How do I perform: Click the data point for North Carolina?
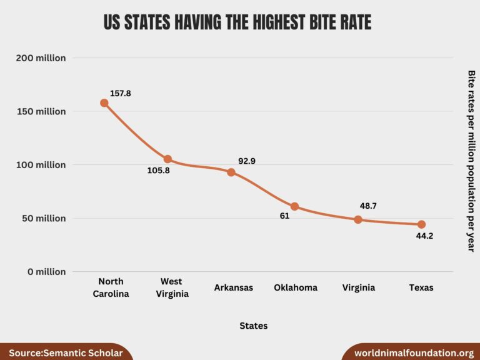click(x=104, y=103)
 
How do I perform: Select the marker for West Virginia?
click(x=167, y=159)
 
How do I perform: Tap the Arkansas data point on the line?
click(x=231, y=172)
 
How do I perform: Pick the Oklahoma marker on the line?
click(x=294, y=206)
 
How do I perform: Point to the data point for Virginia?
click(x=358, y=219)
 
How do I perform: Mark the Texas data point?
click(x=421, y=224)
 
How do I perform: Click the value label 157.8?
click(x=121, y=94)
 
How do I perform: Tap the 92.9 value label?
click(x=247, y=161)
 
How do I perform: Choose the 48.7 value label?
click(x=368, y=206)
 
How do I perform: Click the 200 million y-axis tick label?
click(x=41, y=58)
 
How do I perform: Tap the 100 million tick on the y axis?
click(x=41, y=165)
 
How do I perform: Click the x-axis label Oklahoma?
click(x=296, y=288)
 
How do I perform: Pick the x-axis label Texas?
click(x=421, y=288)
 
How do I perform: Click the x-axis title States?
click(x=253, y=326)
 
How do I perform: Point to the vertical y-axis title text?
click(x=471, y=161)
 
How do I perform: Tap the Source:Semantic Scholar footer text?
click(x=66, y=353)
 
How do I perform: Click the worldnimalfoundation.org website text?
click(x=414, y=353)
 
